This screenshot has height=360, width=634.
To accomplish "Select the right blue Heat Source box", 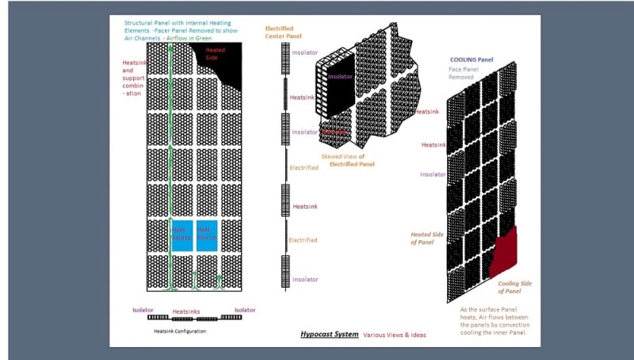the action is click(208, 236).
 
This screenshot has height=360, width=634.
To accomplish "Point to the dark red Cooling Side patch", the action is click(505, 252).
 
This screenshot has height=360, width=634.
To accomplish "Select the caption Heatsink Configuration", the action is click(179, 331).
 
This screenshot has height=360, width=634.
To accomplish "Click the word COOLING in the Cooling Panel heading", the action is click(464, 59).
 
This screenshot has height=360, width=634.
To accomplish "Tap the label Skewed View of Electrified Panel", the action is click(348, 160).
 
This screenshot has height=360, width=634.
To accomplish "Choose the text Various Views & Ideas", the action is click(394, 335).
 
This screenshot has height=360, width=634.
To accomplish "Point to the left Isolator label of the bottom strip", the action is click(143, 310).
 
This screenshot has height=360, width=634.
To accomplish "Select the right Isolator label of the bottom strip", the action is click(245, 310).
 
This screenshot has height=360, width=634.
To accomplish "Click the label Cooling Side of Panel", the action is click(516, 286).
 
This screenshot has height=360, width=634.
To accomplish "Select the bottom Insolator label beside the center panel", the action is click(305, 279).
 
